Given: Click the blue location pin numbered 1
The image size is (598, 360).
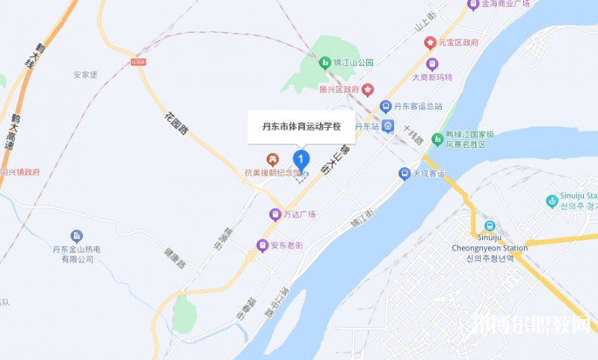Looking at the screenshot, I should [300, 159].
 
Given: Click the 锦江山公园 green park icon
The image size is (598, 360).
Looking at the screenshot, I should [325, 63].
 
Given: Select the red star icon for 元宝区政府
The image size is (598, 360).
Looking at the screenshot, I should [430, 43].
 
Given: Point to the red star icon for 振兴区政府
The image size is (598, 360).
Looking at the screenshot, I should [369, 90].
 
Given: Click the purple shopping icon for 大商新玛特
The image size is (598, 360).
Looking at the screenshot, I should [432, 63].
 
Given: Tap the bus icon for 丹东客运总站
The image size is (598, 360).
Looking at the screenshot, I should [386, 106].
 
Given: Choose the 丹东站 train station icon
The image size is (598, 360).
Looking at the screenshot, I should [387, 125].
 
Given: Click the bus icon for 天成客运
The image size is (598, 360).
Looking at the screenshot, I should [404, 173].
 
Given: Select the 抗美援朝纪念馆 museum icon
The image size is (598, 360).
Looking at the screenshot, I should [273, 159].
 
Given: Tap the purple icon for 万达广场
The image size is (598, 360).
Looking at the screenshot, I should [275, 214].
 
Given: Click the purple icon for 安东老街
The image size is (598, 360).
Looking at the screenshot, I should [262, 244].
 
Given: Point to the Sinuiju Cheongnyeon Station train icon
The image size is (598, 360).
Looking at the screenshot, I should [490, 226].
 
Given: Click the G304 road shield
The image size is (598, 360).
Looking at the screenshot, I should [137, 63].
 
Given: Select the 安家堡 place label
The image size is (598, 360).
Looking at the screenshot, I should [85, 75].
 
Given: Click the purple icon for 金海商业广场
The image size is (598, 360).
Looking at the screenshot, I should [472, 4].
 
